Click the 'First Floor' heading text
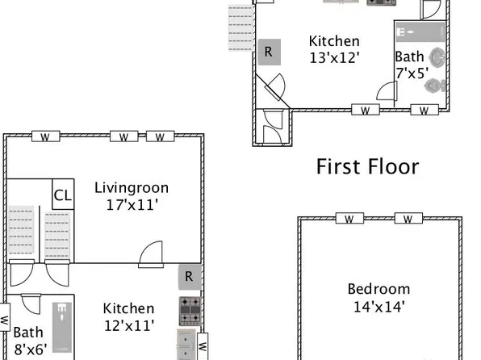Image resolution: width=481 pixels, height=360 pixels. point(367,167)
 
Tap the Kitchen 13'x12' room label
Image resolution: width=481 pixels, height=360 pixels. point(334,49)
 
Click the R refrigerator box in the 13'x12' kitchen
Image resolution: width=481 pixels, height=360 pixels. point(269,51)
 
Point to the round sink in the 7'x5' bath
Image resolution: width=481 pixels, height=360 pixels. point(437,58)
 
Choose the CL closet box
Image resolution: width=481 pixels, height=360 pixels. point(63,195)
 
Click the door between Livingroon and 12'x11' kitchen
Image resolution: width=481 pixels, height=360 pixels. point(151,256)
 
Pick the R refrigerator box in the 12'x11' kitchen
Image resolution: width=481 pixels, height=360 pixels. point(189,277)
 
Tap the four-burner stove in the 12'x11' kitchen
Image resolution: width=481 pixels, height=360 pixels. point(190,312)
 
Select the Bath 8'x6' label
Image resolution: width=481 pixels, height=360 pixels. point(29,340)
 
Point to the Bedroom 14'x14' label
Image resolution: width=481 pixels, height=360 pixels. point(379,297)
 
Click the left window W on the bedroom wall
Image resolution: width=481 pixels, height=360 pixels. point(348,219)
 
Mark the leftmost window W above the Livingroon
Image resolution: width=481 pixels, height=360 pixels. point(45,136)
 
